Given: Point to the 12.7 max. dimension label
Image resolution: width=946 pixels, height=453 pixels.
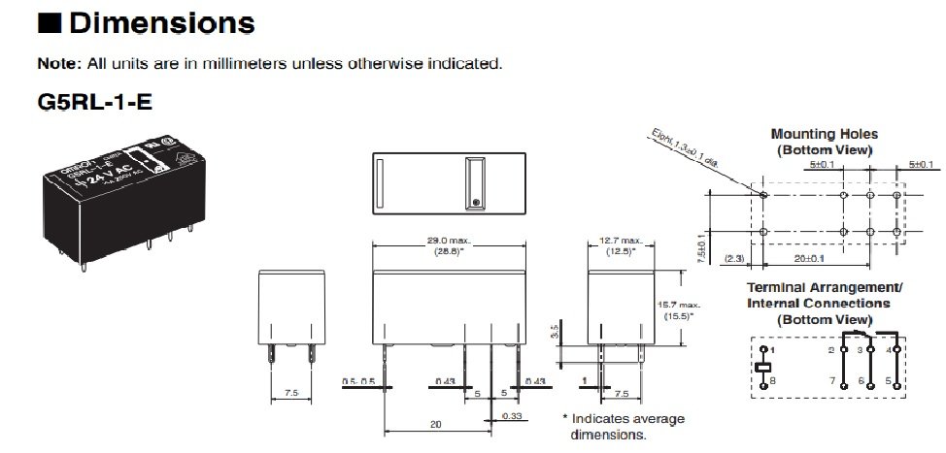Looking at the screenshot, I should (x=623, y=240).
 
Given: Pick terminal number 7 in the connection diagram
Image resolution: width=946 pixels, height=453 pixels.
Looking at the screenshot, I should (x=831, y=380).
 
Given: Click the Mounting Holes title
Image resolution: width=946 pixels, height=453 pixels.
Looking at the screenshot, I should (x=824, y=134).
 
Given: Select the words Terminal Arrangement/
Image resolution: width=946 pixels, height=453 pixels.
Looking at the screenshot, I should (x=824, y=288).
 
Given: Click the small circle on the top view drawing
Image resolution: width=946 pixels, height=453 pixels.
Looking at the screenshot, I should (x=475, y=202).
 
